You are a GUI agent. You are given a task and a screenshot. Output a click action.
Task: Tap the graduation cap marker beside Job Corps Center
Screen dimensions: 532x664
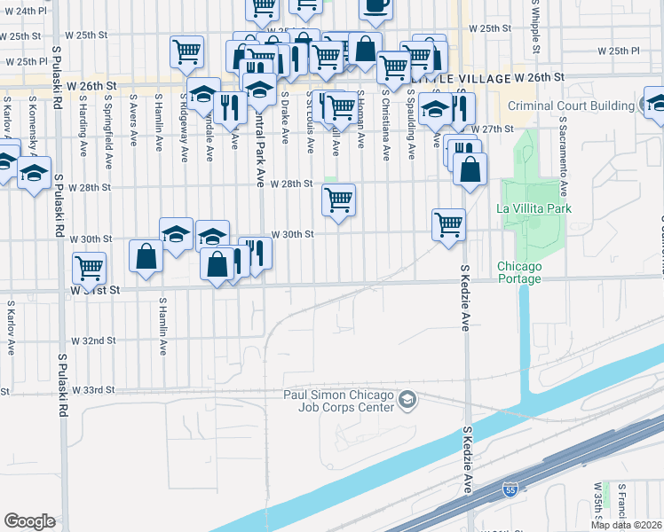(407, 401)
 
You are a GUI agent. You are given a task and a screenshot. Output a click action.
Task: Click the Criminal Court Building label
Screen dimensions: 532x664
(571, 106)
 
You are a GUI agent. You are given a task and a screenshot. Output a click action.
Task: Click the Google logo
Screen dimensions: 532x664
(29, 521)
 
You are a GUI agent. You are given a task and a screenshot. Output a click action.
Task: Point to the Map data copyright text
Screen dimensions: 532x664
(627, 525)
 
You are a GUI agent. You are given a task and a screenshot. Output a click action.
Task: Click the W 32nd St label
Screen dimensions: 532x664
(94, 340)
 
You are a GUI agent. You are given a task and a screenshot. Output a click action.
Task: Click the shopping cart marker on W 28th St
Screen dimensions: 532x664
(338, 200)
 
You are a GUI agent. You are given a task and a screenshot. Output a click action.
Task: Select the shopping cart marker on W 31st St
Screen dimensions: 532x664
(89, 267)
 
